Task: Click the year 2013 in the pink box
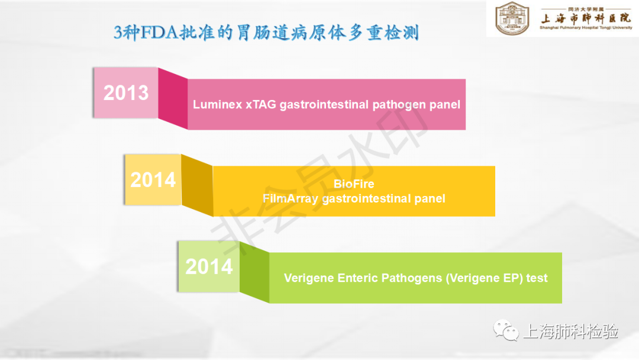(126, 93)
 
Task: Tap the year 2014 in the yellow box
(153, 180)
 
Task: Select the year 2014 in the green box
(209, 266)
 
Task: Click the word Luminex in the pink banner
(218, 104)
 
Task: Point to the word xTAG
(261, 104)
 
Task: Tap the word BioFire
(354, 184)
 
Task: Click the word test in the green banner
(537, 278)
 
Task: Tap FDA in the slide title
(159, 32)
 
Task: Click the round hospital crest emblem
(512, 18)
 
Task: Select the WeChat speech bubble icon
(506, 330)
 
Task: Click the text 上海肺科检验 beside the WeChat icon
(570, 331)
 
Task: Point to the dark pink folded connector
(173, 98)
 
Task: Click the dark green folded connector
(254, 272)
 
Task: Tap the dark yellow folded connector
(197, 185)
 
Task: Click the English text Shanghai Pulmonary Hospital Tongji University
(586, 28)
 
